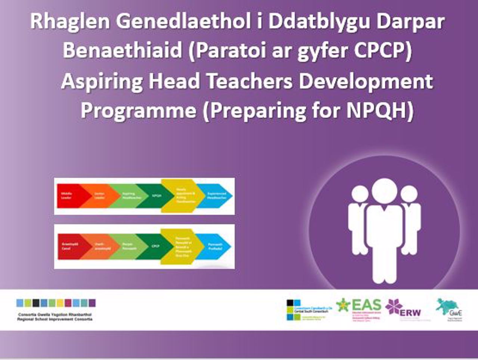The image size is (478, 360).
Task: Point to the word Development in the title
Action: point(366,81)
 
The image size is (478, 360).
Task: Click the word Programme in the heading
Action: point(138,111)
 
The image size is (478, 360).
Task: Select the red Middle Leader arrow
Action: point(69,196)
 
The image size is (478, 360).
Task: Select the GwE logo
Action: point(450,309)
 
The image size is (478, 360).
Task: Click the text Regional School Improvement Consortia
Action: point(55,319)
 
